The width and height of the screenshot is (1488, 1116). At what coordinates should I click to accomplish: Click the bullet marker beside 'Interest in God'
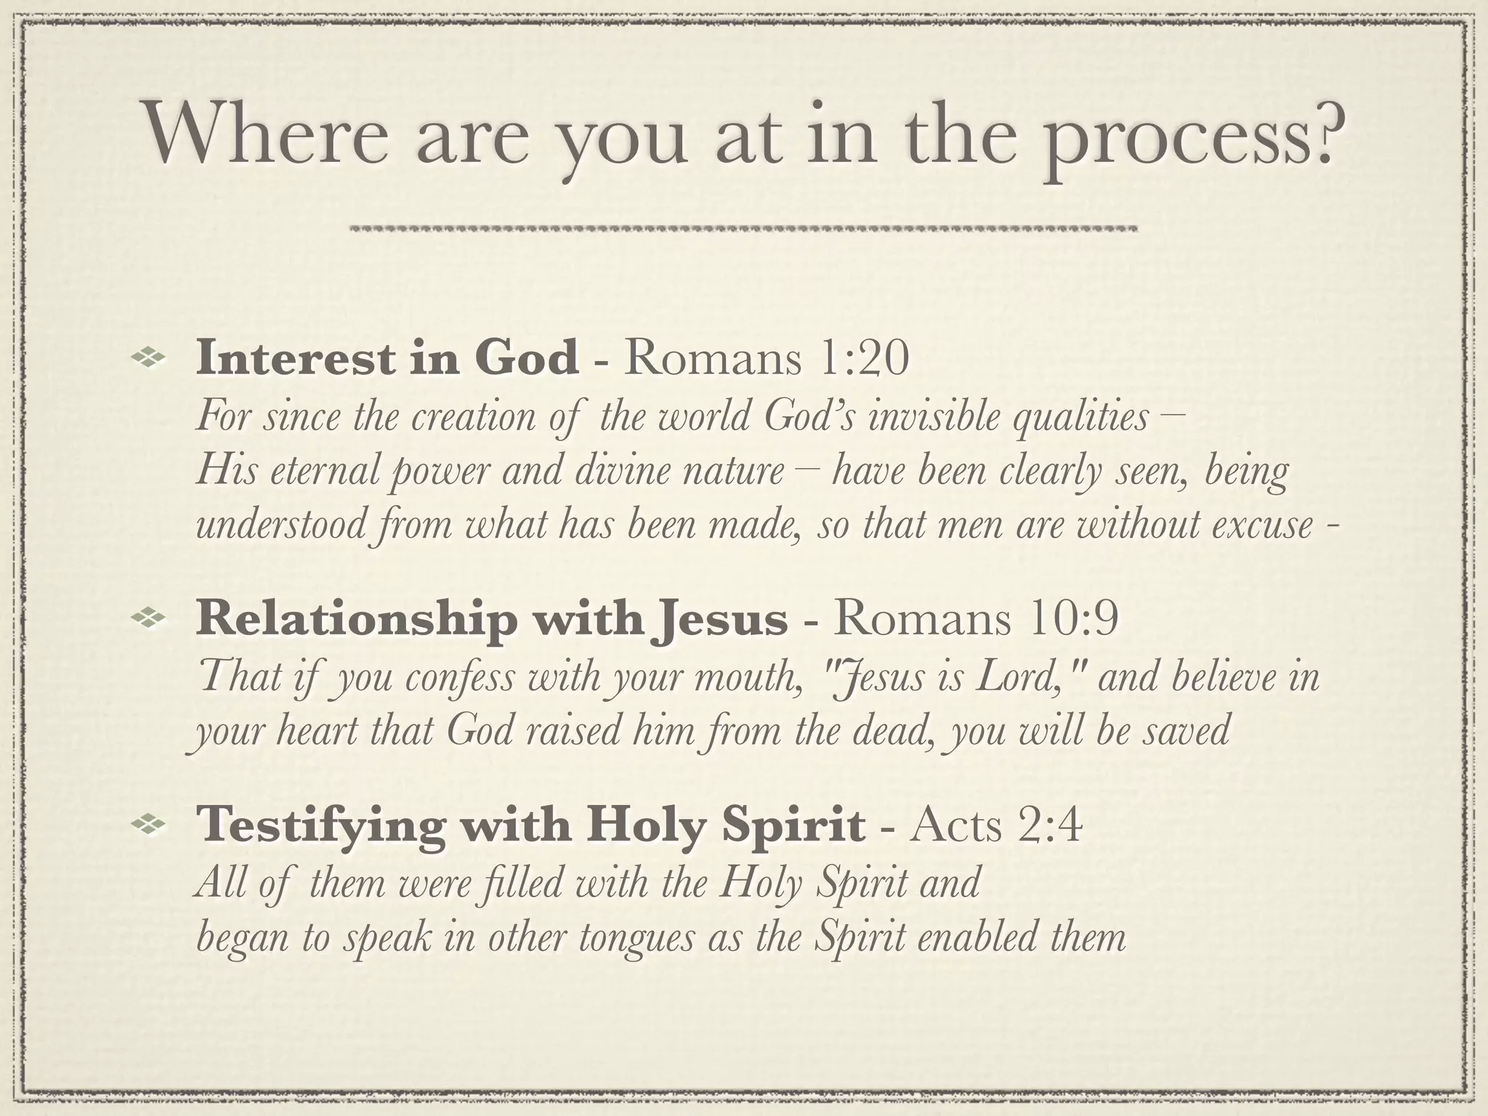point(149,357)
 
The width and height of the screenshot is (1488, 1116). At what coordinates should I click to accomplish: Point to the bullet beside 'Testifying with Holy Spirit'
point(149,822)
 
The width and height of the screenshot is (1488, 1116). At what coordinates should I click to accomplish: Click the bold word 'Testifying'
point(319,826)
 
